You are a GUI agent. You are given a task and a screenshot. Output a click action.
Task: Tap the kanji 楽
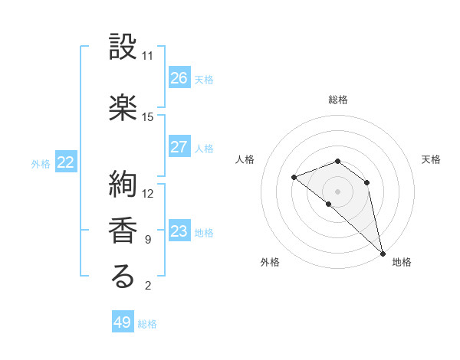tap(123, 107)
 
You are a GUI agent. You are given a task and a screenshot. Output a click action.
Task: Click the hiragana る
tap(123, 277)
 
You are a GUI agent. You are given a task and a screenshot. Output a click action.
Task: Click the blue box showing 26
tap(179, 78)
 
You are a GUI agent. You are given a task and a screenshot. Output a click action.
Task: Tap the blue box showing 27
tap(179, 147)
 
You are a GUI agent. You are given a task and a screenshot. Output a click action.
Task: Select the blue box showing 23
tap(179, 231)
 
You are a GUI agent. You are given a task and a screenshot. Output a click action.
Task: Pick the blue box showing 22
tap(66, 162)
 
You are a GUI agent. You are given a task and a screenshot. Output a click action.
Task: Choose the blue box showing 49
tap(123, 322)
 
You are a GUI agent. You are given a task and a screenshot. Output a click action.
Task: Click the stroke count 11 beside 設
tap(147, 56)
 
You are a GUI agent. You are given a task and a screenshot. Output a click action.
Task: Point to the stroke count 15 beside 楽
tap(147, 117)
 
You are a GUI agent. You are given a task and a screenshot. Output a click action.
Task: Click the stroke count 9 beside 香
tap(147, 240)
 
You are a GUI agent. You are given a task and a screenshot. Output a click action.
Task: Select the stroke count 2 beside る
tap(147, 286)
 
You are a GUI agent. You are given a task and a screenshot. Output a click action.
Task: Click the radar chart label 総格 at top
tap(338, 100)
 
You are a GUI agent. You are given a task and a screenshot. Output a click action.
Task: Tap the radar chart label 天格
tap(432, 159)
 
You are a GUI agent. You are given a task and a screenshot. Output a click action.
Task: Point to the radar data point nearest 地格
tap(383, 253)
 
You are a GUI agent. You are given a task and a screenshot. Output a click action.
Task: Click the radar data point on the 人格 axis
tap(294, 177)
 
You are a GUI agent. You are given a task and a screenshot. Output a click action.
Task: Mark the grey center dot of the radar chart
tap(338, 191)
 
